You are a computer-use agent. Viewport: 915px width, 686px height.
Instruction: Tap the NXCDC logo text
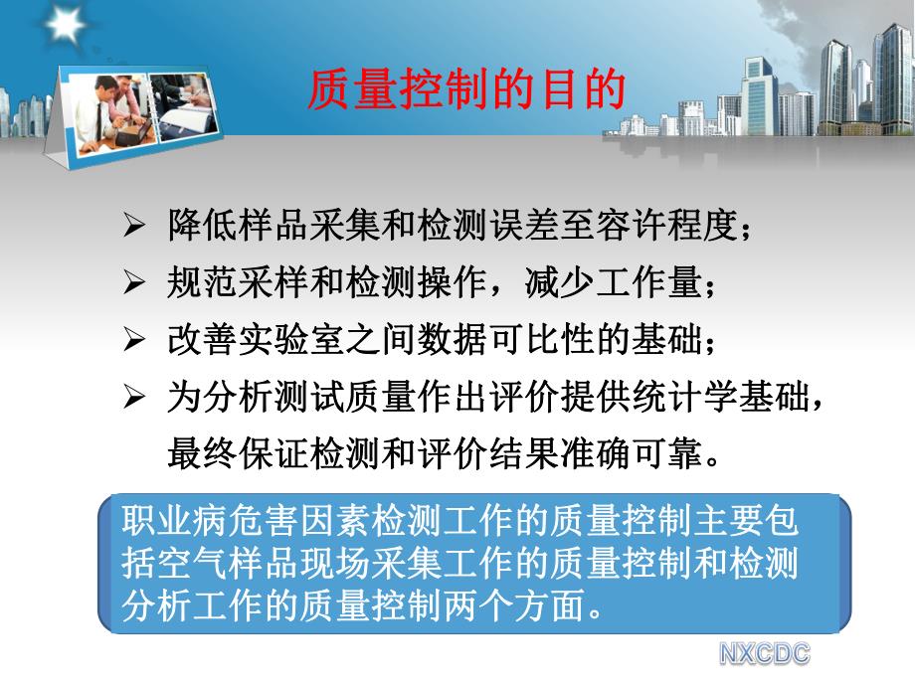765,653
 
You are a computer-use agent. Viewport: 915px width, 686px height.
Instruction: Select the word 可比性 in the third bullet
543,341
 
